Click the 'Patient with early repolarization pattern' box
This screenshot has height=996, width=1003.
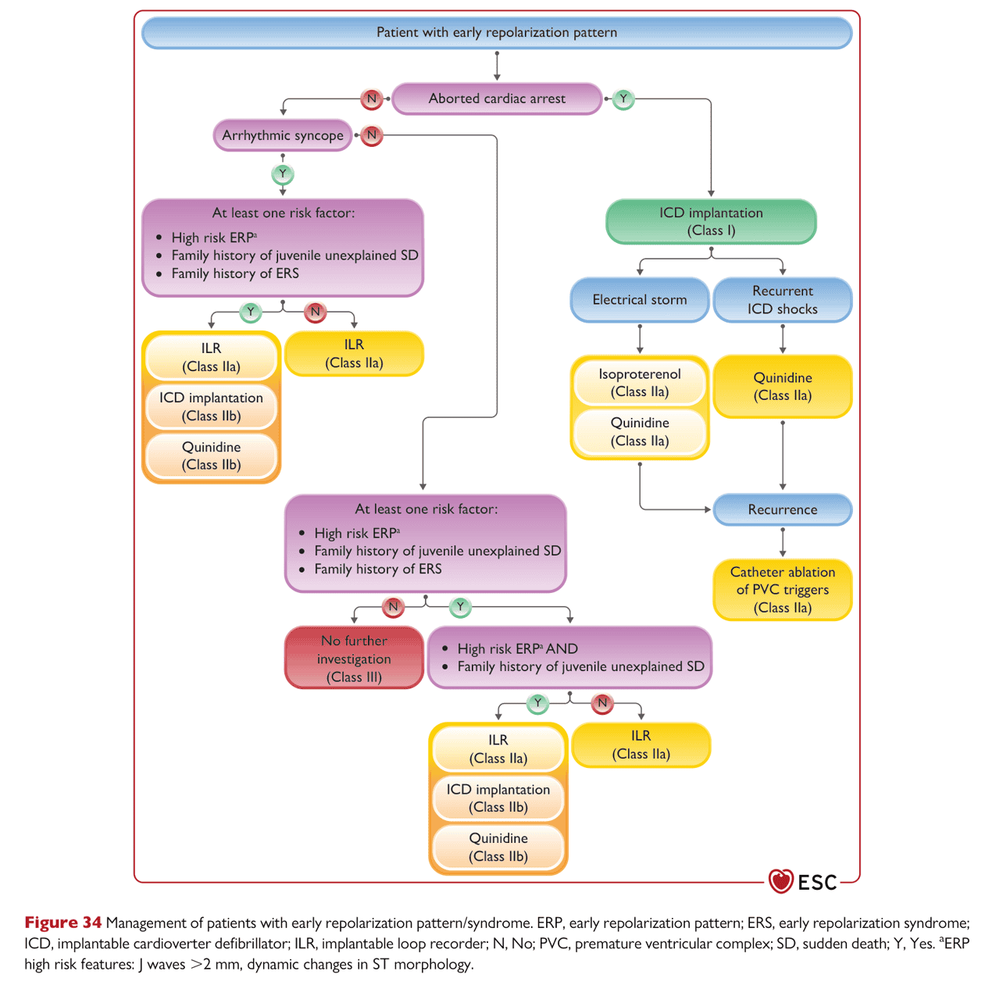click(496, 33)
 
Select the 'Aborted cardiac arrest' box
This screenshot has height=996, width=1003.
click(496, 98)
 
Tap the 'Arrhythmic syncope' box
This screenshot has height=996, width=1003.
click(283, 135)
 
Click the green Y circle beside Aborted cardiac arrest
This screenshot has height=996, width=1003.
click(623, 98)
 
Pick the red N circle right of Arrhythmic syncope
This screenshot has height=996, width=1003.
click(371, 135)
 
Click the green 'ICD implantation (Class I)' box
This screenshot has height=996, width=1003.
click(711, 221)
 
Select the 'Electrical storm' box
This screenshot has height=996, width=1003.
click(639, 300)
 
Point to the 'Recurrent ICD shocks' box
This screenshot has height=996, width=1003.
click(782, 300)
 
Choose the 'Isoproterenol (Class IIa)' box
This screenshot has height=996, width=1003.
click(639, 383)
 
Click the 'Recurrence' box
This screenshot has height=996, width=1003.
click(782, 509)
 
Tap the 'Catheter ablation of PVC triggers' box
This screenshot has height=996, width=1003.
click(782, 589)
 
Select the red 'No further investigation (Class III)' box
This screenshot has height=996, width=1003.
click(354, 658)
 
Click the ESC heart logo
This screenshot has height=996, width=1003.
click(780, 881)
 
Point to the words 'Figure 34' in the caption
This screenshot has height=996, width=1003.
click(63, 923)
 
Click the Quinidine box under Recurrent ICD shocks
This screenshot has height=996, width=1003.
click(782, 387)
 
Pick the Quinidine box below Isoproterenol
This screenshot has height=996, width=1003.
click(639, 432)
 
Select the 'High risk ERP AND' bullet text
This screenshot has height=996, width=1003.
click(517, 648)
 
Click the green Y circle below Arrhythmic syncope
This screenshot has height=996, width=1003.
click(283, 174)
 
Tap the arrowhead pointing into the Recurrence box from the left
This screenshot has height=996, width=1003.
click(708, 509)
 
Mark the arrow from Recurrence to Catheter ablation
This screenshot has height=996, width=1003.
click(782, 542)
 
